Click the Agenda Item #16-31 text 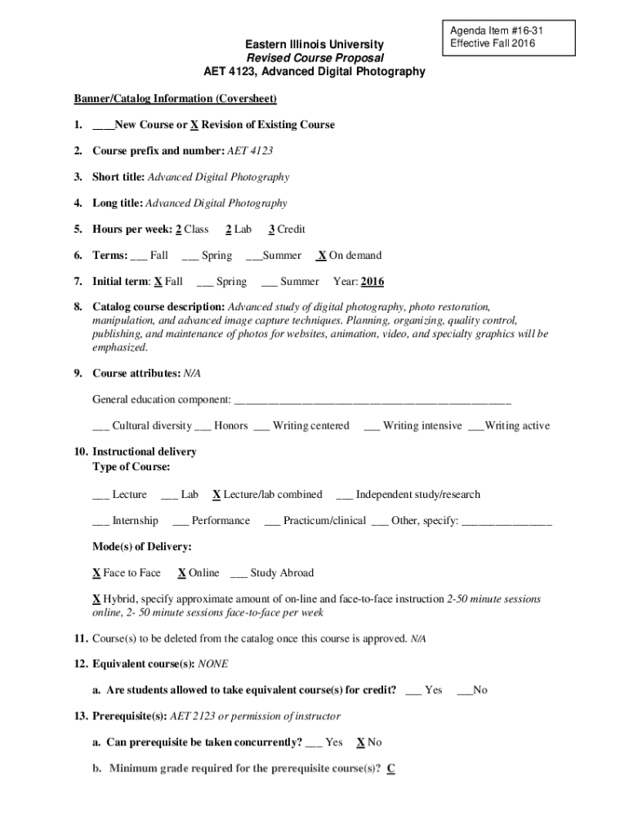pos(491,30)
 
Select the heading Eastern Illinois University pos(314,44)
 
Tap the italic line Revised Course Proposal pos(314,58)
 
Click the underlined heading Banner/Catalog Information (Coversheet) pos(176,99)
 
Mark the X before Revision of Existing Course pos(194,125)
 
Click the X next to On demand pos(322,256)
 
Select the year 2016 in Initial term pos(372,282)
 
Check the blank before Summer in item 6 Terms pos(253,256)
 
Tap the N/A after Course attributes pos(192,373)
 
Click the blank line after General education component pos(372,400)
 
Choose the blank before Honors pos(203,425)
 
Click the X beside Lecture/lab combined pos(216,494)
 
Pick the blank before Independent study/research pos(343,494)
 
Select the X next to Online pos(181,572)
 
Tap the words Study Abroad pos(282,572)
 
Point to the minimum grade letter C pos(391,768)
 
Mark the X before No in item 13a pos(360,742)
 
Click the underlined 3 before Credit pos(271,229)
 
